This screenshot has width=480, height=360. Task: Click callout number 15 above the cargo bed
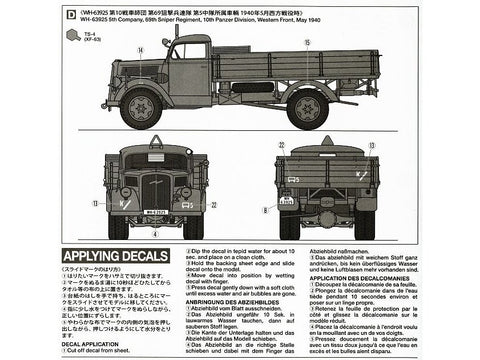307,42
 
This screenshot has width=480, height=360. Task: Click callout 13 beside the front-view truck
94,203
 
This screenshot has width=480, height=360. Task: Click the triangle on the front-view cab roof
155,141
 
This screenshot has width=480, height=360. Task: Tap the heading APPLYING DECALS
122,256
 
